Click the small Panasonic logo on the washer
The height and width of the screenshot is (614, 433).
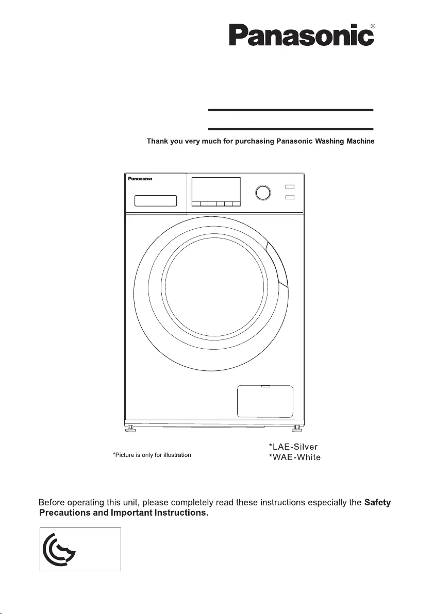[140, 179]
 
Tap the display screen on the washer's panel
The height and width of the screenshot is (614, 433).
[216, 190]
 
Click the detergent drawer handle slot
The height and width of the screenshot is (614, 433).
[155, 200]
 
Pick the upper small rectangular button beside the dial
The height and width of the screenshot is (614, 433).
[290, 187]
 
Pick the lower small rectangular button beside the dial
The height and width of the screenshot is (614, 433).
[290, 197]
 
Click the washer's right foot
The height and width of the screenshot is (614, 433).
[297, 428]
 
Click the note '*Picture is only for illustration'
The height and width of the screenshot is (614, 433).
[152, 455]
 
